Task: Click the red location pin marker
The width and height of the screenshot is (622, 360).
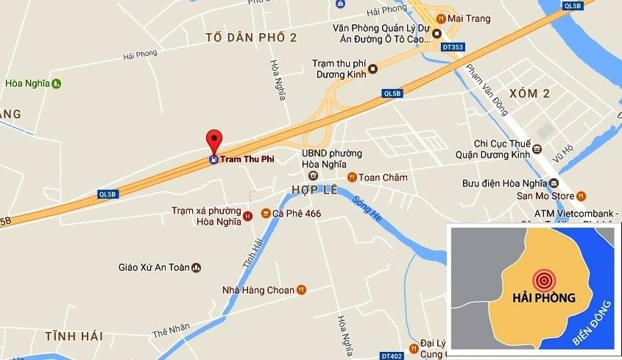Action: (213, 140)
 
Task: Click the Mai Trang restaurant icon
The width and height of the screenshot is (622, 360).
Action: (439, 18)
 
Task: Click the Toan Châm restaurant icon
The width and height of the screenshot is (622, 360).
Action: (352, 177)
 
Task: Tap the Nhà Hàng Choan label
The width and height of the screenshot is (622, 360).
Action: (258, 290)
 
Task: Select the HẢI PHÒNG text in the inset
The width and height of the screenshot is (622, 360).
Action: (543, 298)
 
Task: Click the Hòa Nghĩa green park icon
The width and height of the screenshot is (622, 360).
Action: (57, 83)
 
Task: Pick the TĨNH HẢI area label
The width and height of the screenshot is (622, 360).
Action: (73, 336)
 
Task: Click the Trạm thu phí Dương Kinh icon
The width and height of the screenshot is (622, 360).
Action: (373, 69)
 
